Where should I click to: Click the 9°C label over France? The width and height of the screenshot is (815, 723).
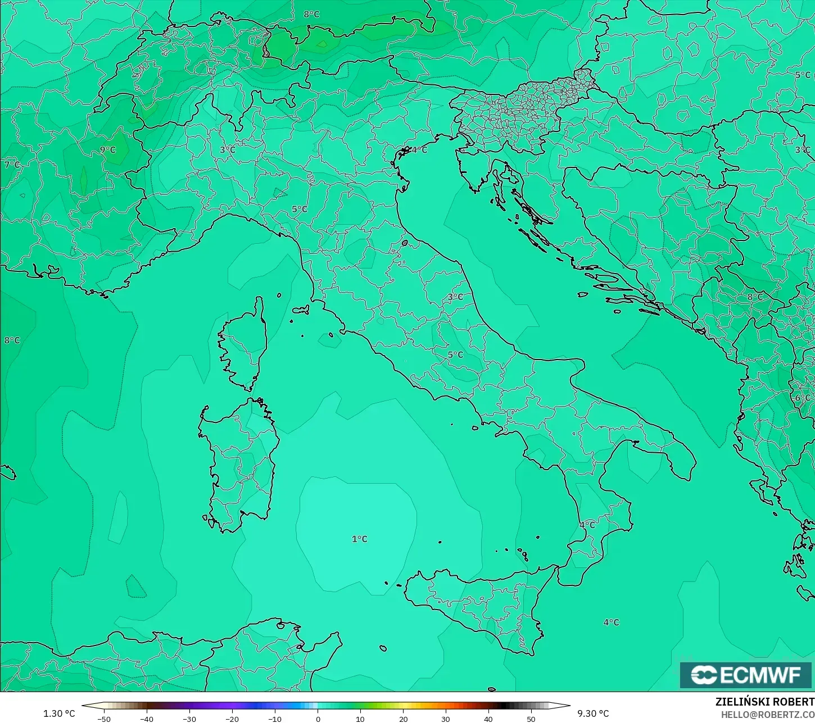[107, 150]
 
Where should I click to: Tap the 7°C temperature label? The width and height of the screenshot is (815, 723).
[12, 165]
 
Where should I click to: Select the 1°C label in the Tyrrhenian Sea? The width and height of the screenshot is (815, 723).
[359, 539]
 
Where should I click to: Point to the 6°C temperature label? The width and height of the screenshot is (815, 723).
[803, 398]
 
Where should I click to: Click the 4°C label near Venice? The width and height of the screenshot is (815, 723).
[419, 150]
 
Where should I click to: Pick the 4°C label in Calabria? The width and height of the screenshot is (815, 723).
[587, 525]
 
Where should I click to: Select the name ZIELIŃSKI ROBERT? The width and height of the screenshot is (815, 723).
[764, 702]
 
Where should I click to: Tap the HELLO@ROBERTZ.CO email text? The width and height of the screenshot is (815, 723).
[768, 714]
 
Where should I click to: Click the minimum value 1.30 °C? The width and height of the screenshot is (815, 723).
[59, 713]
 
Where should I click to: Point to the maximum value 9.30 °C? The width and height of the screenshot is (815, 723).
[593, 713]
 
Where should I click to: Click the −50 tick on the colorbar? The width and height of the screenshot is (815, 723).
[103, 719]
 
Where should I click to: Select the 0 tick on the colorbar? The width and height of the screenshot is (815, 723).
[318, 719]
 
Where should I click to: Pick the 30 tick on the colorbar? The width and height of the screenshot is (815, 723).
[446, 719]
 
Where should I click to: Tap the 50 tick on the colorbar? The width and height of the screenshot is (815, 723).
[531, 719]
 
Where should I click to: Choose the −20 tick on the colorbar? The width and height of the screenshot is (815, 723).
[232, 719]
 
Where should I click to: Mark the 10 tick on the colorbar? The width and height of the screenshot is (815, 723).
[360, 719]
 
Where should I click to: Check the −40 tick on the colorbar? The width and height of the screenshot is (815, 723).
[146, 719]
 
